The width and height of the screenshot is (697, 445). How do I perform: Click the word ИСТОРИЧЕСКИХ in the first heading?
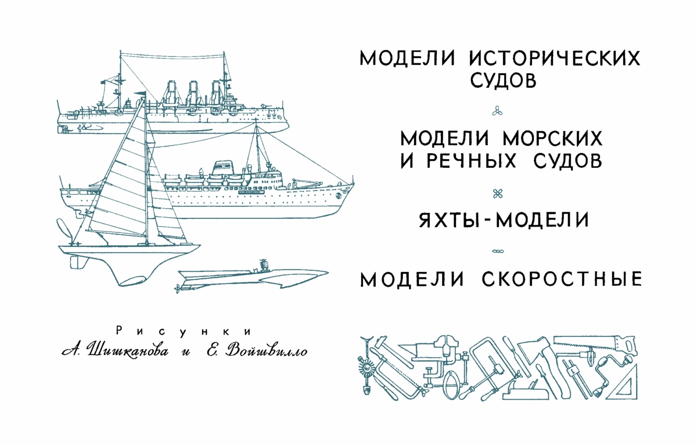[x=555, y=58]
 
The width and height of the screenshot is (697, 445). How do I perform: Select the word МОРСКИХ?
[x=552, y=138]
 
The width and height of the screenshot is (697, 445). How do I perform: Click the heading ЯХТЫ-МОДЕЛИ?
[x=504, y=220]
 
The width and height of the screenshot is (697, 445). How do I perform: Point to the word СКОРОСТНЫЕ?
[x=562, y=279]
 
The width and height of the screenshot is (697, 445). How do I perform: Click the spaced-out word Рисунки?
[x=184, y=332]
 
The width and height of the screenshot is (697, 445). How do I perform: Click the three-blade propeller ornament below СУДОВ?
[x=497, y=111]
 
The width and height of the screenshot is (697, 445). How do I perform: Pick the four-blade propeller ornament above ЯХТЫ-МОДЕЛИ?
[x=498, y=194]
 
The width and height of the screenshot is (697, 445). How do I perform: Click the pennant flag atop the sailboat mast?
[x=140, y=93]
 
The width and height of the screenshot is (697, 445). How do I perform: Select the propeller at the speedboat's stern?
[x=178, y=289]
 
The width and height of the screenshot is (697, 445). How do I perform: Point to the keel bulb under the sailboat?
[x=132, y=281]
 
